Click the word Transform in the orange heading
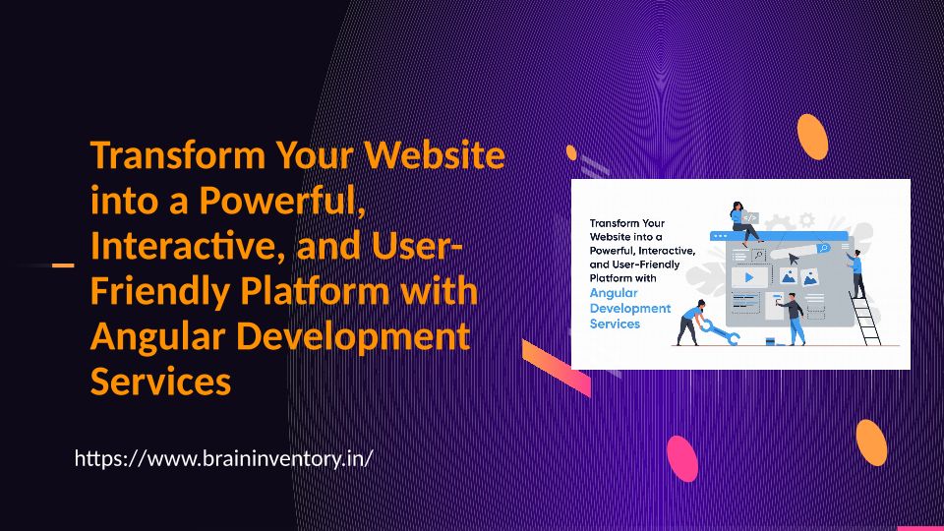point(178,155)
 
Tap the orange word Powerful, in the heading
point(282,200)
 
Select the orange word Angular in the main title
point(157,336)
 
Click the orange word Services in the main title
point(160,382)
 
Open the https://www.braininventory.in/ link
point(223,458)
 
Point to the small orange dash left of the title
point(63,265)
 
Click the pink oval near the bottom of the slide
point(682,459)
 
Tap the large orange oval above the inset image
point(812,138)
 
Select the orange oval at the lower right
point(871,442)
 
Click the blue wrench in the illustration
point(720,333)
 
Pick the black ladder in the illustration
point(865,319)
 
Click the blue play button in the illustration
point(749,277)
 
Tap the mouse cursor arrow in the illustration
point(794,260)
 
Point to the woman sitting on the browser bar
point(744,223)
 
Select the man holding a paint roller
point(794,319)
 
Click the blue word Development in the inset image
point(629,308)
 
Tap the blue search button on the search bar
point(823,248)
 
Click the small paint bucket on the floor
point(770,341)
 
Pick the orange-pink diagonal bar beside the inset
point(557,368)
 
